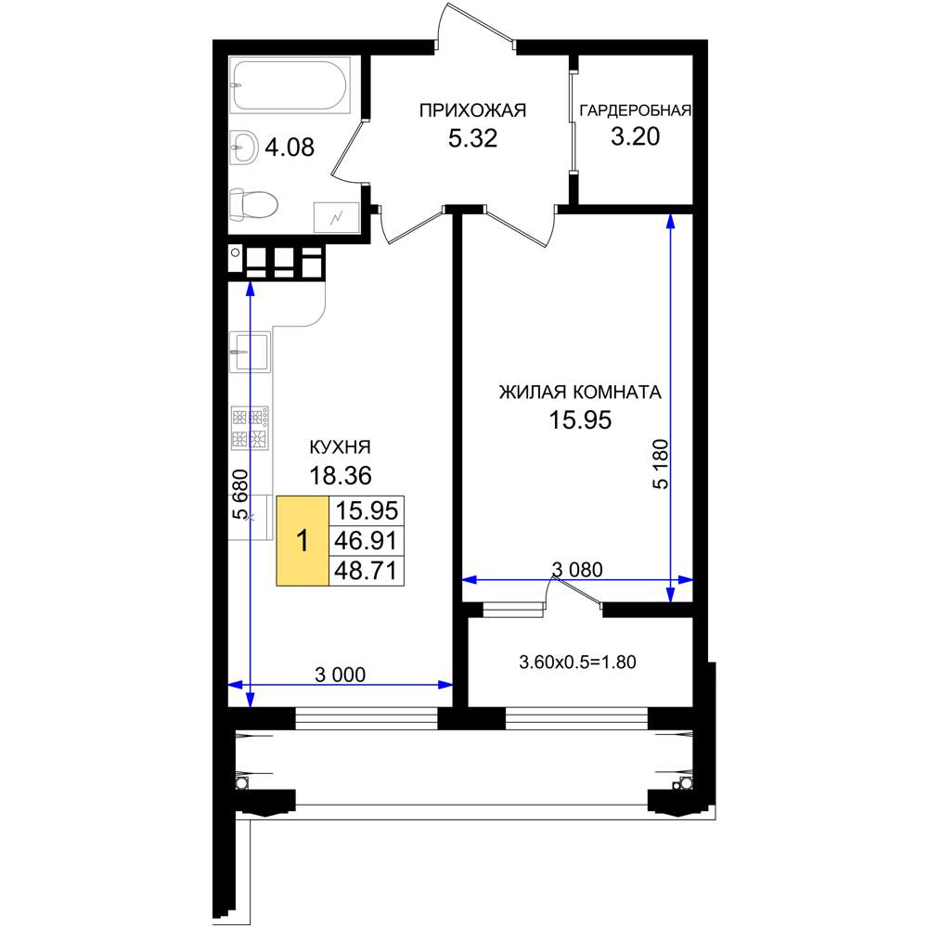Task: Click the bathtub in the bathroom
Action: point(290,85)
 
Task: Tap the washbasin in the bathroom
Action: point(243,147)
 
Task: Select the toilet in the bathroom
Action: point(254,205)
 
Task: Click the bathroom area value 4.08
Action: point(290,147)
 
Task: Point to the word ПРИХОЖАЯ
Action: point(472,110)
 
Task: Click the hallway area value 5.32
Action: point(472,138)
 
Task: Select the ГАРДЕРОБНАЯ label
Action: point(635,110)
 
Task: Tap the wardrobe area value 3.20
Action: point(635,136)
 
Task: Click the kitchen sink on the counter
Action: point(250,352)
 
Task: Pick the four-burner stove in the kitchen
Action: point(250,427)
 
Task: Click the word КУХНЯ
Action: point(341,447)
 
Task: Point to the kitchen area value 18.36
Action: point(341,475)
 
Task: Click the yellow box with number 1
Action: point(303,541)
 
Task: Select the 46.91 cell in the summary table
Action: point(367,540)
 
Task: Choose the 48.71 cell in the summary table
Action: point(367,571)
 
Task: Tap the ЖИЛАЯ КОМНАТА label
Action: point(580,393)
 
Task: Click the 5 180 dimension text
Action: point(660,464)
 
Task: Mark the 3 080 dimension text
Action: point(577,570)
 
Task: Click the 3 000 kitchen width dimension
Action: point(341,674)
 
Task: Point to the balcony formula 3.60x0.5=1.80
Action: point(577,662)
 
